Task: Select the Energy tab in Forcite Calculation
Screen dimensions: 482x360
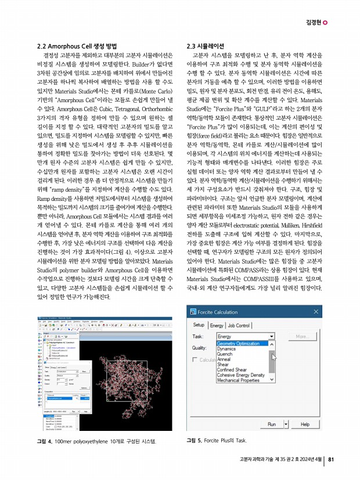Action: pos(217,325)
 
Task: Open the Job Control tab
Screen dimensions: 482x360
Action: pos(238,325)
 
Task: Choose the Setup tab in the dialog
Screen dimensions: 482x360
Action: pos(199,325)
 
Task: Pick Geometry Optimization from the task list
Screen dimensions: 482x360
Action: pos(237,343)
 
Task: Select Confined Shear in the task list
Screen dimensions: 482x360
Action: pos(232,369)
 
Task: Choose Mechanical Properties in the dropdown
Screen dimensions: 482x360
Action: pos(239,380)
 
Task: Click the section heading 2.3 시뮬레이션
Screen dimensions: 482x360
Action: pos(204,45)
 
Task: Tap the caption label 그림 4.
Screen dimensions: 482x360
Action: pos(45,443)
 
